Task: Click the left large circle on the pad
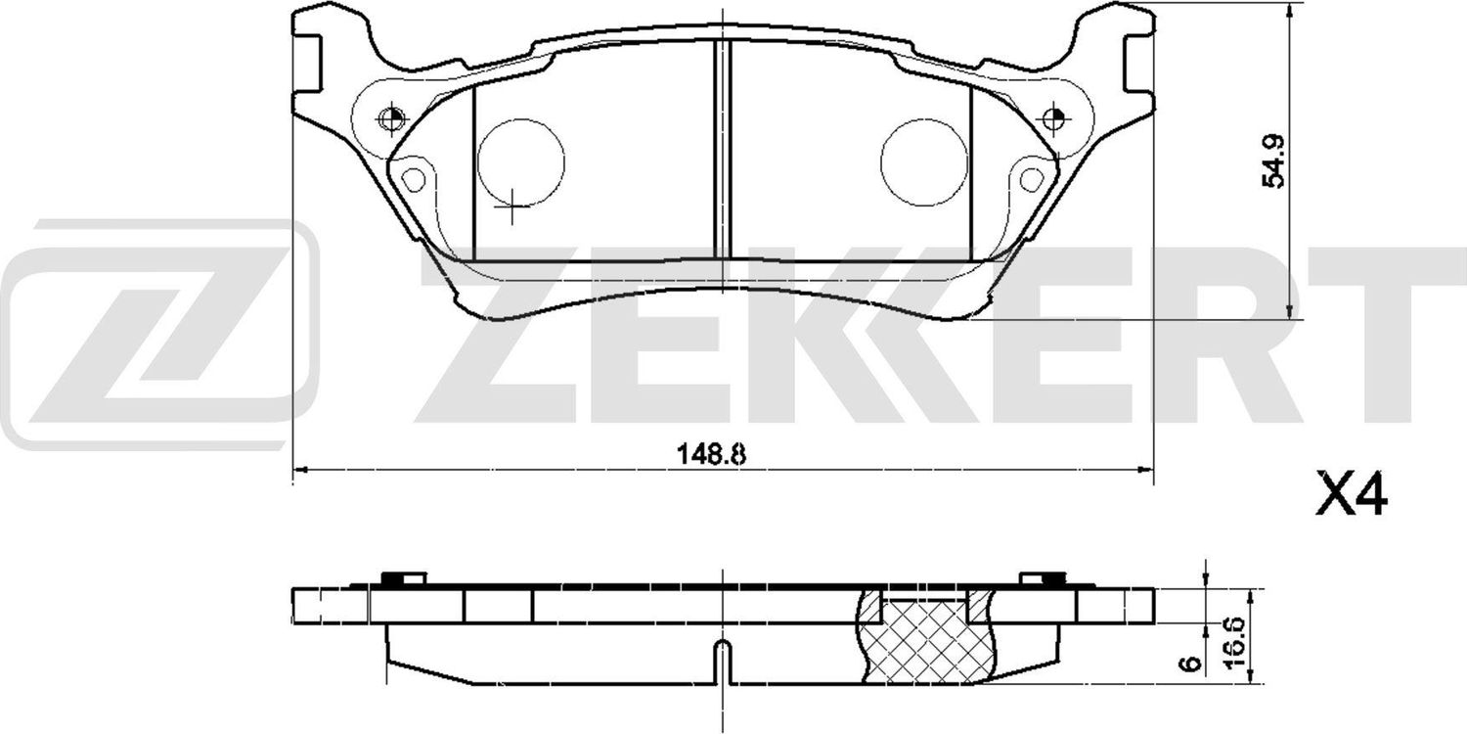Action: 520,162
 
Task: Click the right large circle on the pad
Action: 924,162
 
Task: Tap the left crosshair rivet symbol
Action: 391,121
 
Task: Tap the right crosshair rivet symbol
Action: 1053,120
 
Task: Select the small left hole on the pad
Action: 414,179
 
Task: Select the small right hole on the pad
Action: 1031,179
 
